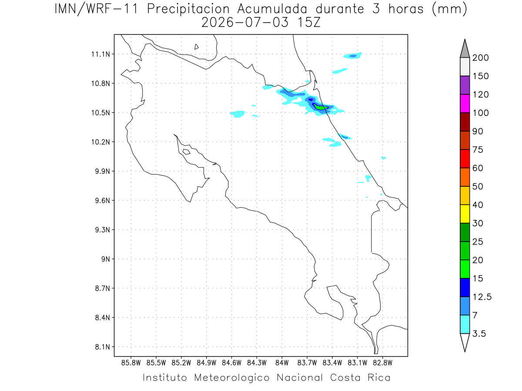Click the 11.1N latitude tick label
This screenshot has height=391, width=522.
tap(100, 54)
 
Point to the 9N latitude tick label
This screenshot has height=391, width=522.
tap(106, 259)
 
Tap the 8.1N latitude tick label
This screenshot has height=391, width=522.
tap(103, 347)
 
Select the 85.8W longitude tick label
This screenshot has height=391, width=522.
tap(131, 363)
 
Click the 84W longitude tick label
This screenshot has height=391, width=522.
tap(282, 363)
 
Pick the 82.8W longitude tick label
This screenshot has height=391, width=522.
tap(382, 363)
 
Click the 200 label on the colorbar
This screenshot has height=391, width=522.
tap(480, 58)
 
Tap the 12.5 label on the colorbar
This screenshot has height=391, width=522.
tap(482, 297)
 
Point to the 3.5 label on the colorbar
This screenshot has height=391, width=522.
tap(479, 334)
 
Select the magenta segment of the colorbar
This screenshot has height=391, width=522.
tap(465, 103)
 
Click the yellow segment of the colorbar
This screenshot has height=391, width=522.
tap(465, 214)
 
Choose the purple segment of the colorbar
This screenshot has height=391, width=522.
tap(465, 85)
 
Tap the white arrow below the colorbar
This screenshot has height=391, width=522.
tap(465, 342)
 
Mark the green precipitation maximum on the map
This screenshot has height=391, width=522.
tap(321, 107)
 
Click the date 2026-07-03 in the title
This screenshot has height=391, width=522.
tap(245, 23)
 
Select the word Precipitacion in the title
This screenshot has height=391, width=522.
tap(188, 10)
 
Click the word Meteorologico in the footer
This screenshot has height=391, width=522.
tap(232, 378)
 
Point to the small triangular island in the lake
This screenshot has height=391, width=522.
tap(196, 46)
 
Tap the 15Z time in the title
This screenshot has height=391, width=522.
tap(309, 23)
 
